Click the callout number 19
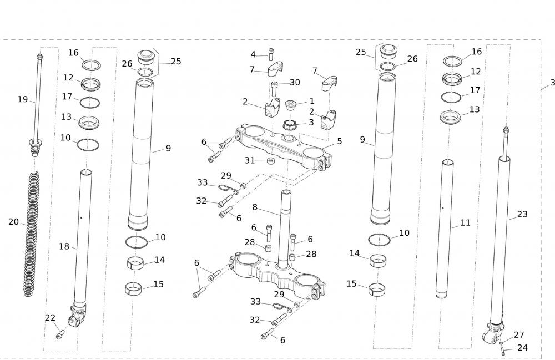pos(23,99)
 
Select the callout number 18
pos(64,246)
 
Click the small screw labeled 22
pos(60,335)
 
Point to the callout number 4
pos(253,54)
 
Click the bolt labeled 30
pos(274,89)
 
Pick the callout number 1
pos(312,101)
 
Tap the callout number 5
pos(340,141)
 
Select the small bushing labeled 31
pos(270,161)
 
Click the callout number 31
pos(250,160)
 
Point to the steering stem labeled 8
pos(287,222)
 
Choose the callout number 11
pos(465,223)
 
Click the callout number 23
pos(522,214)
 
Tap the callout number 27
pos(519,335)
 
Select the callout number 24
pos(522,348)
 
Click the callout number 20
pos(14,222)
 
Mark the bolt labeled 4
pos(271,55)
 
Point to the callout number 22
pos(50,317)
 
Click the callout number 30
pos(295,83)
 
